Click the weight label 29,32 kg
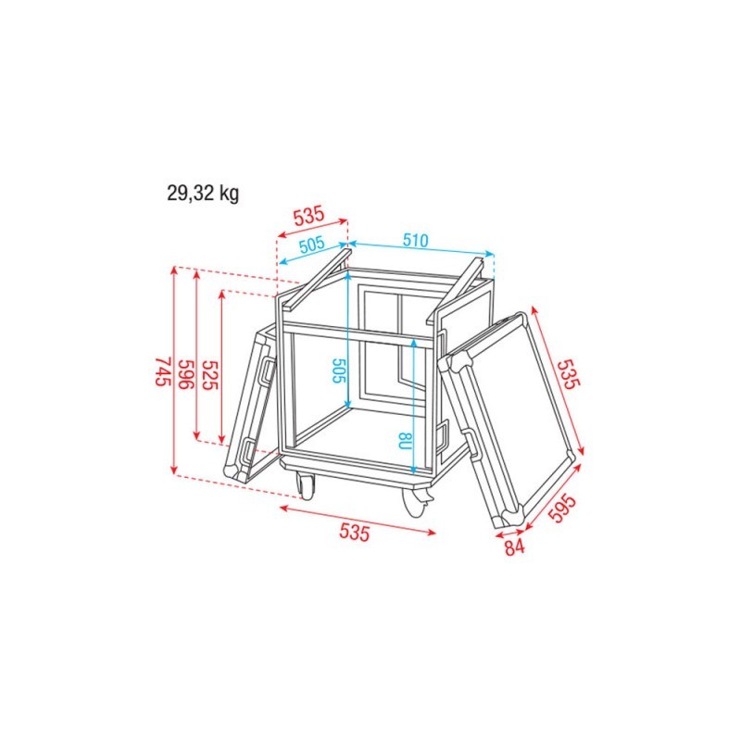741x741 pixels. pos(203,194)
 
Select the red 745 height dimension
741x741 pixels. pos(162,371)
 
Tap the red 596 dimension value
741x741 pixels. pos(186,374)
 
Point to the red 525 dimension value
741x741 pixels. pos(210,375)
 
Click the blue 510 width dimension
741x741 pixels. pos(415,241)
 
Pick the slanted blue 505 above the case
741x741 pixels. pos(312,245)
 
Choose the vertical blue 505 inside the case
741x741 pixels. pos(339,370)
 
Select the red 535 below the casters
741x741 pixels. pos(354,533)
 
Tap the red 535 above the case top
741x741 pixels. pos(309,216)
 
